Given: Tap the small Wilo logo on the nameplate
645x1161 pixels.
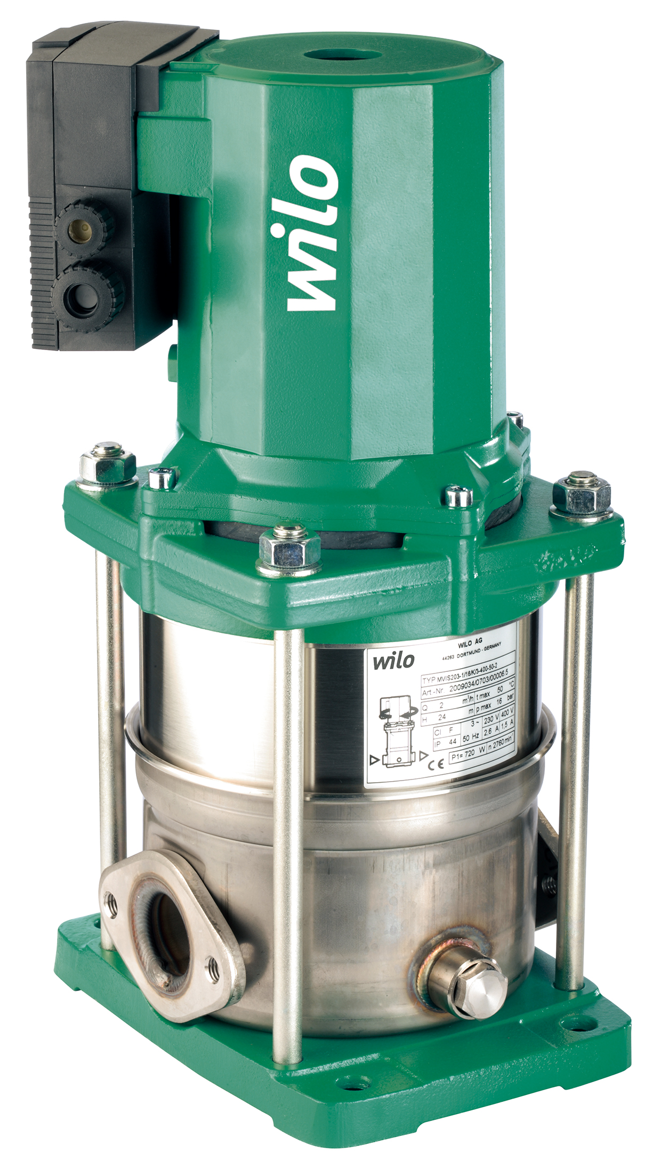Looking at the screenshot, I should coord(393,661).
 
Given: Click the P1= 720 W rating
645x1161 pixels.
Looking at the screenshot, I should coord(467,753).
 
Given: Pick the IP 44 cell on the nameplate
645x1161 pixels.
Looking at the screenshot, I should coord(446,742).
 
